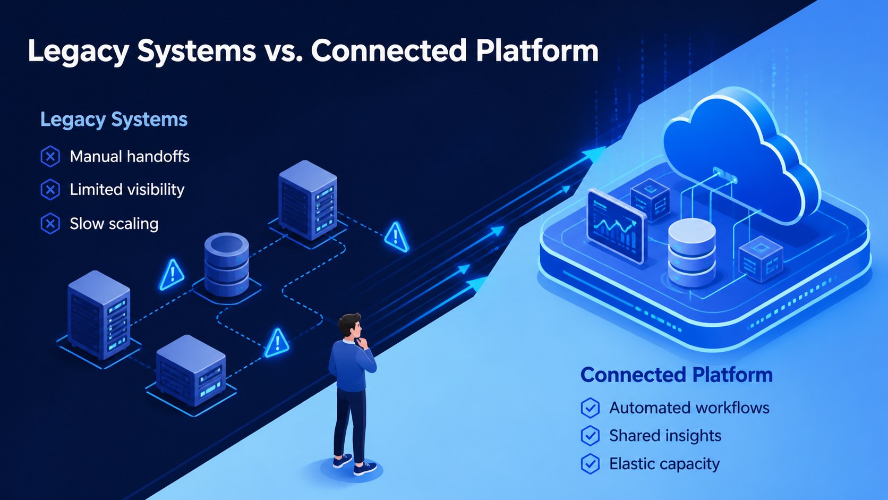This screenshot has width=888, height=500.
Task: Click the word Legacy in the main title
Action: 79,52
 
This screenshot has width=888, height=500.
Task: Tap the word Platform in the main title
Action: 537,51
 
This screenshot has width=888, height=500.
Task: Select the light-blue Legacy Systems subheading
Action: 114,120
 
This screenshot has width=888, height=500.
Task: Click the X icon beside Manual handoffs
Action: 50,156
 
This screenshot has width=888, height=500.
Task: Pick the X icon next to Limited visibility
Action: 50,190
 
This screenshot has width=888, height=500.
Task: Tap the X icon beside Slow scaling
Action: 50,224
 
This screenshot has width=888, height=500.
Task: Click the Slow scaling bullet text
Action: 114,224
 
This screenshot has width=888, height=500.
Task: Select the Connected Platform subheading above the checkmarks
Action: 676,375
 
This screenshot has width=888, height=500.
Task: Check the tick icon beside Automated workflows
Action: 590,408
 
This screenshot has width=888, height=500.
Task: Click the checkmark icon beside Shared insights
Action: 590,436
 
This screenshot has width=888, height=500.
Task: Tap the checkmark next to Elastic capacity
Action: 590,463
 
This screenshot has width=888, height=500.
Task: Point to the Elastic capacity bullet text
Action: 664,464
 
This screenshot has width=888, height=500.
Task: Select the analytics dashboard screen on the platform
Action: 616,226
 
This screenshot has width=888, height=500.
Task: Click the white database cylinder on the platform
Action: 692,252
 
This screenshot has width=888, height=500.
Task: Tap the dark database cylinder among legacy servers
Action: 226,265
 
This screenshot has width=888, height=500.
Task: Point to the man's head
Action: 350,326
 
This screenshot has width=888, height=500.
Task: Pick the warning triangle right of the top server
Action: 396,237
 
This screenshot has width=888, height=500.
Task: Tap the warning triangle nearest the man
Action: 277,343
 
